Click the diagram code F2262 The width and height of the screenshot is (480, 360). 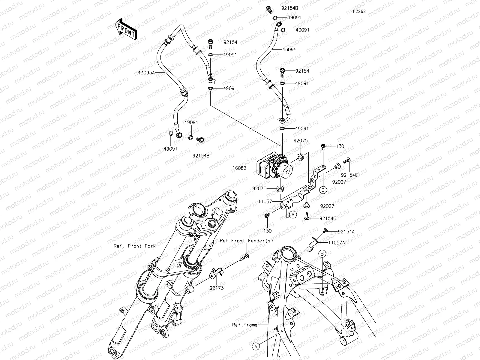click(x=359, y=11)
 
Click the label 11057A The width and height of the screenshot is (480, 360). click(x=336, y=243)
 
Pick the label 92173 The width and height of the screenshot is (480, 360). click(x=217, y=288)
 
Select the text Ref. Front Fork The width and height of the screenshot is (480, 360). click(x=135, y=246)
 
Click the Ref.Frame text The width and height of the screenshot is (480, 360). click(x=245, y=325)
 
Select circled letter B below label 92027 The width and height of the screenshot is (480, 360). click(x=323, y=190)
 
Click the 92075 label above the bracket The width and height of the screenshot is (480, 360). click(x=300, y=141)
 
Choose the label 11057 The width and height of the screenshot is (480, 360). click(x=265, y=202)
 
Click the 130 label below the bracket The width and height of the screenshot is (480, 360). click(x=268, y=231)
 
